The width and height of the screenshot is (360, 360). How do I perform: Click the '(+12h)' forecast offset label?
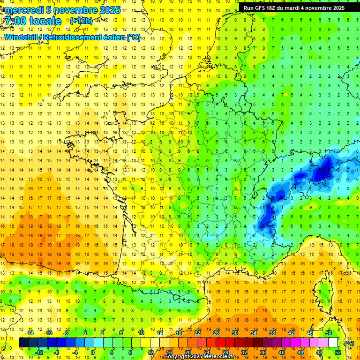81,21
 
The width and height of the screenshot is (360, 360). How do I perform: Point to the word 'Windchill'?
22,37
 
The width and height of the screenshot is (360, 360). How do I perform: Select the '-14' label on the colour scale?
30,333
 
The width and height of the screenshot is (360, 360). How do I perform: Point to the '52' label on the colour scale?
337,352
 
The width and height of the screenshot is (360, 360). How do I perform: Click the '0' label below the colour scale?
93,352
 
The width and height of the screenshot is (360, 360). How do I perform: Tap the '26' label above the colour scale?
216,333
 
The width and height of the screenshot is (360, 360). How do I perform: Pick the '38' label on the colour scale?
272,333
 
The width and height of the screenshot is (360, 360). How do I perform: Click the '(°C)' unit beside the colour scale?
349,343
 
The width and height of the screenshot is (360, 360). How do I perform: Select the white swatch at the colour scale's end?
333,343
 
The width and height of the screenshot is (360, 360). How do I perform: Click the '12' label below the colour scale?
150,352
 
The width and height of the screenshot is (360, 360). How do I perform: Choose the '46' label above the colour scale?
309,333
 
